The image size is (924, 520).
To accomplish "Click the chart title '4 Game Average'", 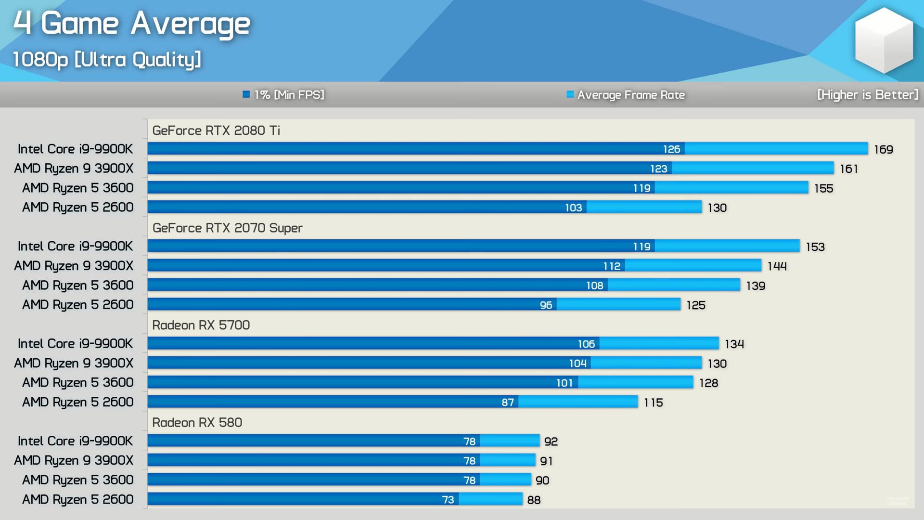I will coord(131,23).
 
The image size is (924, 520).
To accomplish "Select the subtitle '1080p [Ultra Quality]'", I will coord(106,60).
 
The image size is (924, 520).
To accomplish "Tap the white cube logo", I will coord(884,40).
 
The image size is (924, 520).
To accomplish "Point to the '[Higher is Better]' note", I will coord(868,95).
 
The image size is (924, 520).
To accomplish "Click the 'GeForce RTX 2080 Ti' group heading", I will coord(216,130).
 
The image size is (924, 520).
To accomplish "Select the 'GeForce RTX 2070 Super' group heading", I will coord(227,228).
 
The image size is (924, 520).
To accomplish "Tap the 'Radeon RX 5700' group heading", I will coord(201,325).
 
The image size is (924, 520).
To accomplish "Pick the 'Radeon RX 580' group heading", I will coord(197,422).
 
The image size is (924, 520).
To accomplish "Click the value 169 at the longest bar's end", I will coord(883,150).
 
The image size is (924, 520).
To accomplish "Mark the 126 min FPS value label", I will coord(671,149).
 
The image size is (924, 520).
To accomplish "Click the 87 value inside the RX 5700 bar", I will coord(507,403).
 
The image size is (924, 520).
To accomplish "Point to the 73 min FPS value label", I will coord(448,500).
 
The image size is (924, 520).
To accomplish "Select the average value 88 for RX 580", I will coord(534,500).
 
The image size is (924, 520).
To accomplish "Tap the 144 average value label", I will coord(777,266).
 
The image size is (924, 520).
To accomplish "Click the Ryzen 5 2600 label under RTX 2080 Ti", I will coord(77,208).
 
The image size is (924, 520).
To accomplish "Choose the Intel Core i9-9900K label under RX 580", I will coord(75,441).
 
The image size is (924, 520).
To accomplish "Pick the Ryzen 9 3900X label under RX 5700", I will coord(74,363).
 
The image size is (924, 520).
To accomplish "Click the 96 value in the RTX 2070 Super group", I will coord(546,305).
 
